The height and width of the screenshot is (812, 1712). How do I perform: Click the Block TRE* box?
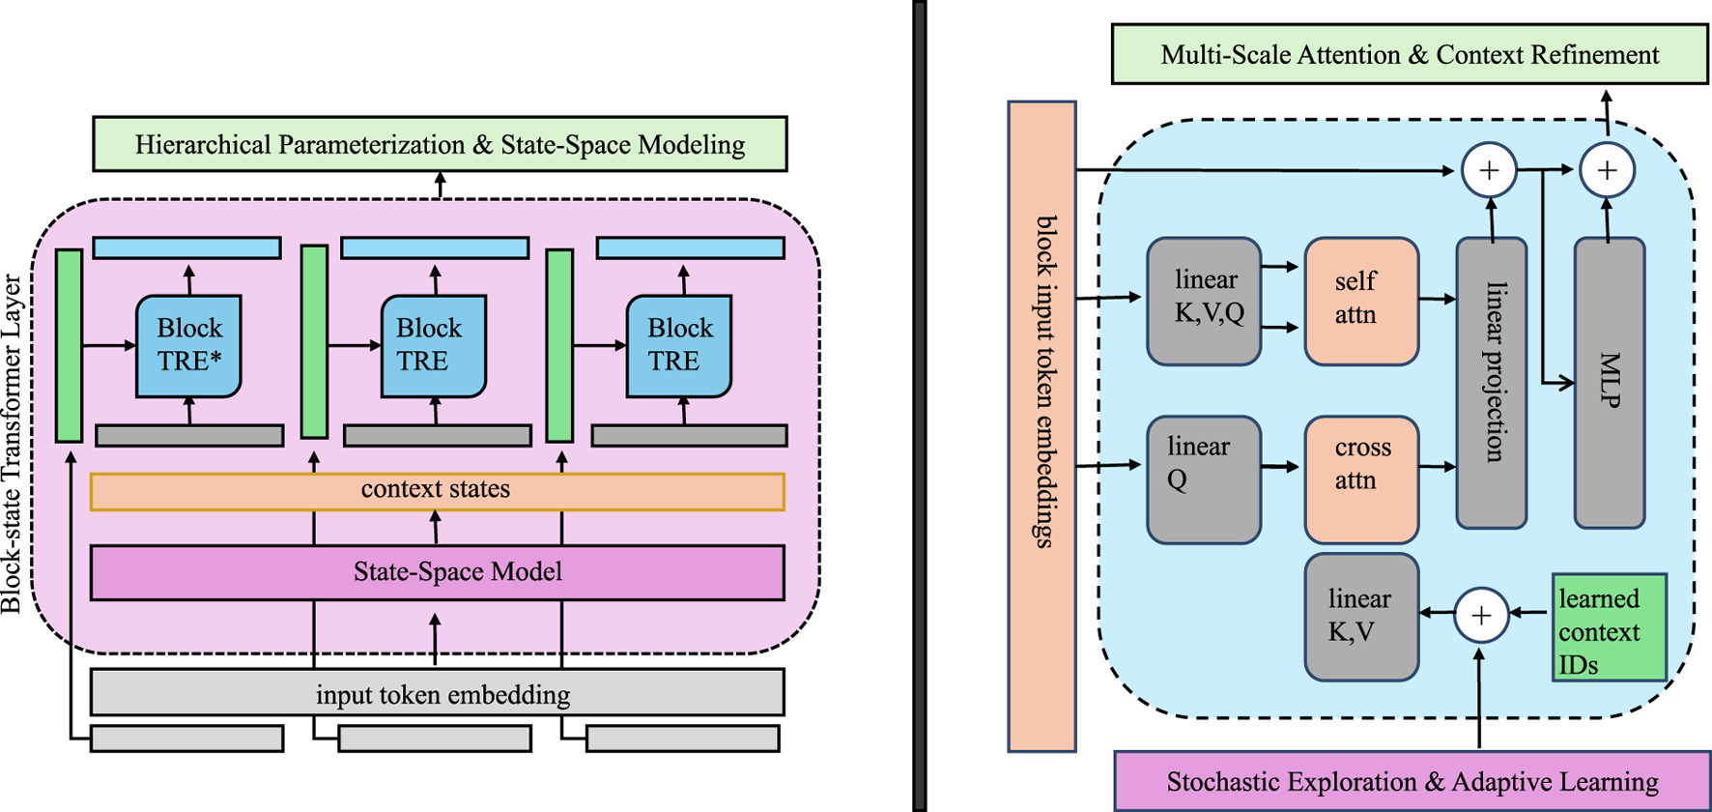188,346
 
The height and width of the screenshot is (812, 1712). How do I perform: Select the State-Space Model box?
437,572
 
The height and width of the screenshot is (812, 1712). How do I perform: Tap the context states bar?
437,490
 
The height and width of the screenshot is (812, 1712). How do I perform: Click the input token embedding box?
437,693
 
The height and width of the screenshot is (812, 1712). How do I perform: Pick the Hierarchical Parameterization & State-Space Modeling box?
440,144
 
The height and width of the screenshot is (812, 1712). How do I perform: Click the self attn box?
1360,301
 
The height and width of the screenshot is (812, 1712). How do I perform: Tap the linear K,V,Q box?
1203,301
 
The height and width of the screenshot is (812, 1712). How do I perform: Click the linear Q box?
1203,479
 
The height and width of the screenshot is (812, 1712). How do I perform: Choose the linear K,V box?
1360,617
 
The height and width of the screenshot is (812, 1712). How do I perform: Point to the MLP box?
1609,383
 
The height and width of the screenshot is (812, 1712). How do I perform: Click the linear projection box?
1491,383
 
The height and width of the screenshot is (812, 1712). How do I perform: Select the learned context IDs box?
1609,627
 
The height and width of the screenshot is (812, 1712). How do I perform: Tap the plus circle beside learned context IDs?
1481,615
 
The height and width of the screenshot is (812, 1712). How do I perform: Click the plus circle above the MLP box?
1607,170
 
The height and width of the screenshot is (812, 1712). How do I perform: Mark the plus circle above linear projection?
1489,170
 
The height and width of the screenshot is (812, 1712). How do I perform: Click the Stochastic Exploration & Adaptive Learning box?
1412,781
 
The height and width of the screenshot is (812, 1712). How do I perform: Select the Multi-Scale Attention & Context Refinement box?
1410,54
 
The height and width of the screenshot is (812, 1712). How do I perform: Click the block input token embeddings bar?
1041,425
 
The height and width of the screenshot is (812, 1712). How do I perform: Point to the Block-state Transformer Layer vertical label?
12,445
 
